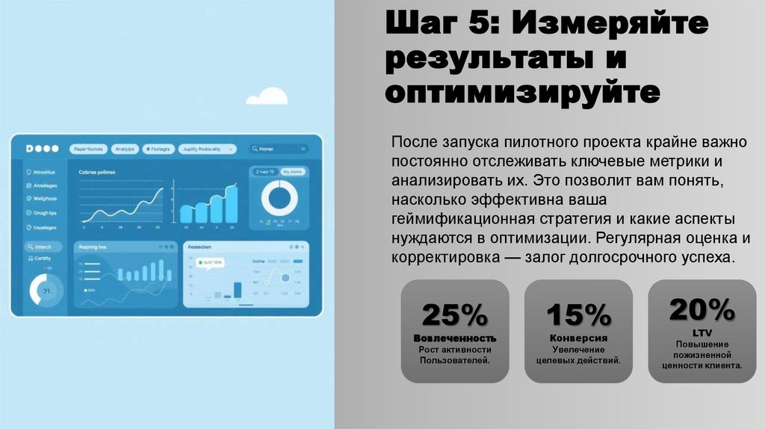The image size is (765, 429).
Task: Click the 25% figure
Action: pos(454,315)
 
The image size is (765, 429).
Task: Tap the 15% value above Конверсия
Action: pos(578,315)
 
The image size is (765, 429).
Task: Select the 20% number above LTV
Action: pos(701,308)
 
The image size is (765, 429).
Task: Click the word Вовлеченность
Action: pos(454,339)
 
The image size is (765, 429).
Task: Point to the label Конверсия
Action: pos(578,338)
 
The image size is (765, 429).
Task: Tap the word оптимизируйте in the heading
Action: pos(523,93)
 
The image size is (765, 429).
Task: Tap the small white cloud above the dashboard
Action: pos(267,96)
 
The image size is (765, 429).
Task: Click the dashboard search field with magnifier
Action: pos(278,149)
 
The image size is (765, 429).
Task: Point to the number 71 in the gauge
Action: pos(46,291)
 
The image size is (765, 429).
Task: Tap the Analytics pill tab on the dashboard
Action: pos(125,149)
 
